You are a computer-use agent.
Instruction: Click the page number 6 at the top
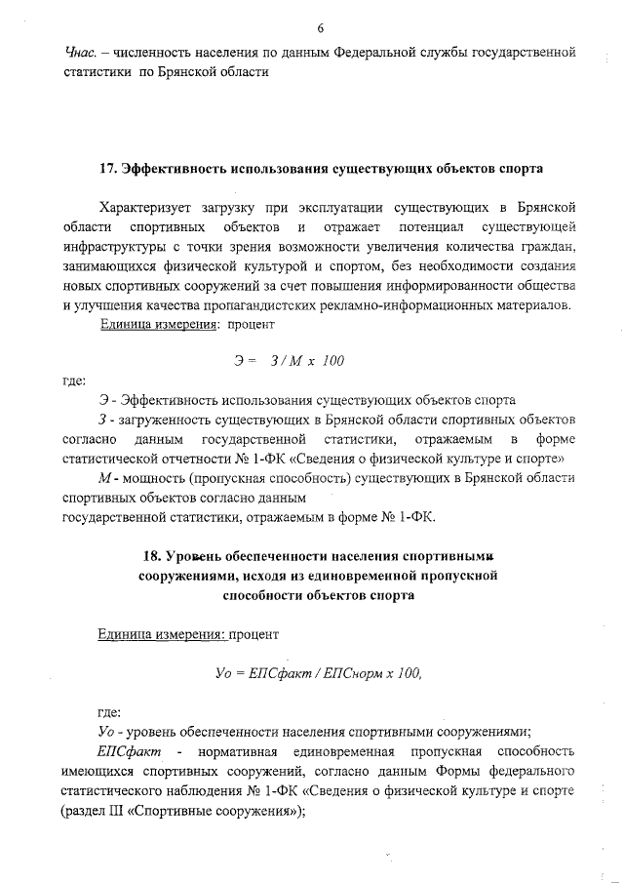(320, 26)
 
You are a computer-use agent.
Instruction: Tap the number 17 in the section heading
(109, 168)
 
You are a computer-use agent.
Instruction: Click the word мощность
(156, 477)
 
